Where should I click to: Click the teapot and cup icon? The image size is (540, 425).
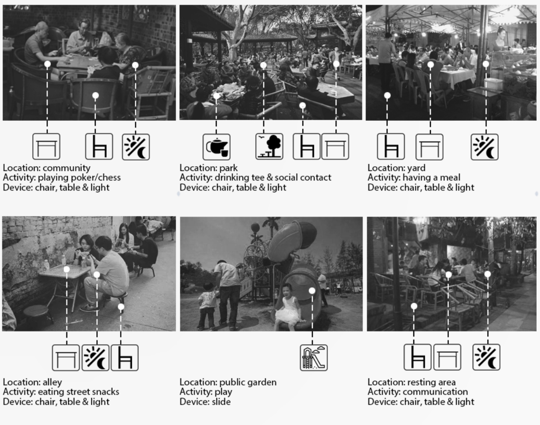216,147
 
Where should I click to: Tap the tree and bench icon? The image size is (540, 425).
269,147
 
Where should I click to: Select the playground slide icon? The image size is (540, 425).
314,358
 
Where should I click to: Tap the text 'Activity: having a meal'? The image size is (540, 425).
414,178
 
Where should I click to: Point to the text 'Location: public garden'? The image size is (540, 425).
228,382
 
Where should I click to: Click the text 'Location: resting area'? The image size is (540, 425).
411,382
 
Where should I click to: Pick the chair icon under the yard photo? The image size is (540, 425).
391,147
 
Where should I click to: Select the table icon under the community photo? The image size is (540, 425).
47,147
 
